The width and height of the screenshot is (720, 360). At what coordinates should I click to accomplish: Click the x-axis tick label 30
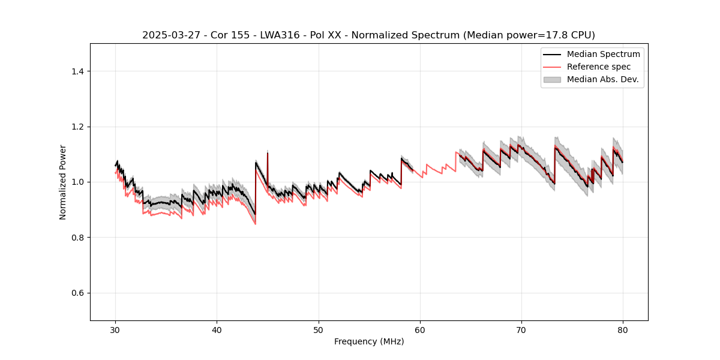pyautogui.click(x=116, y=329)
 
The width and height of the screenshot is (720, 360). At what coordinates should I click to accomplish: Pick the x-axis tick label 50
pyautogui.click(x=319, y=329)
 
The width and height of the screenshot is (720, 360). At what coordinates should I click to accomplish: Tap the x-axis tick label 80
pyautogui.click(x=623, y=329)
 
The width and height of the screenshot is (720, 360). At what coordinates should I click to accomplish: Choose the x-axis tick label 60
pyautogui.click(x=420, y=329)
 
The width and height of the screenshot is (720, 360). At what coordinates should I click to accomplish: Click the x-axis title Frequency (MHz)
pyautogui.click(x=369, y=341)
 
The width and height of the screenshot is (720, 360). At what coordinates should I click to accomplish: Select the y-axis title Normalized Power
pyautogui.click(x=63, y=182)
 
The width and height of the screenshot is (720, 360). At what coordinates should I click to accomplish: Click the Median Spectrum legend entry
pyautogui.click(x=603, y=54)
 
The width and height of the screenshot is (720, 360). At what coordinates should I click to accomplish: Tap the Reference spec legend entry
pyautogui.click(x=598, y=67)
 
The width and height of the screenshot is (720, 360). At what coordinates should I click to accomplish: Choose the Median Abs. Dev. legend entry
pyautogui.click(x=602, y=79)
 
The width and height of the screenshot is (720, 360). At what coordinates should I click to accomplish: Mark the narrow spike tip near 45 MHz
pyautogui.click(x=267, y=152)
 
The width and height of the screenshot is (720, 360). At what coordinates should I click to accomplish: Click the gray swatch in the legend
pyautogui.click(x=552, y=79)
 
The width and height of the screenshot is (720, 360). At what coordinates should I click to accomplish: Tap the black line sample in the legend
pyautogui.click(x=552, y=54)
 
